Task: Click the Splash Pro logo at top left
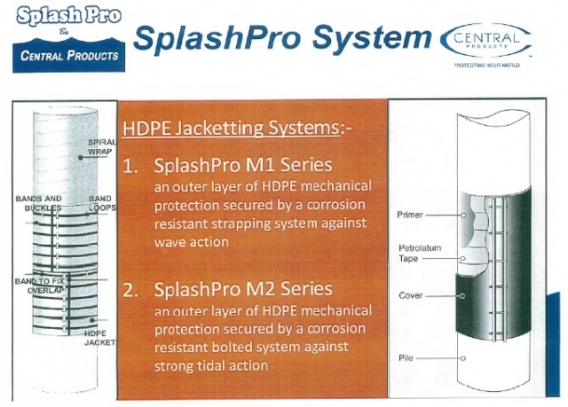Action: (69, 39)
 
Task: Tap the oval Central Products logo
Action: (486, 39)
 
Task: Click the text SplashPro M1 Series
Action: (243, 165)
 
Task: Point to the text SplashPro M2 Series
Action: (243, 289)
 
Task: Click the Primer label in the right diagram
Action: (410, 215)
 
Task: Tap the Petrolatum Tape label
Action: (420, 254)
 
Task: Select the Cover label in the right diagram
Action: (411, 295)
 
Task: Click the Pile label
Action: (406, 358)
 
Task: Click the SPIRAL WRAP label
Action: (102, 147)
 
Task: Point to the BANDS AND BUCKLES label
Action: (39, 203)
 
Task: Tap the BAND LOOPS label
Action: (102, 203)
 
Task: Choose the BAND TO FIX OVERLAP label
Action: (39, 286)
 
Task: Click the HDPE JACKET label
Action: (100, 338)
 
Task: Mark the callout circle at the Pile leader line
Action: (463, 358)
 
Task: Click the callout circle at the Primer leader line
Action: (463, 215)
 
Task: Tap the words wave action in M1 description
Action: (192, 242)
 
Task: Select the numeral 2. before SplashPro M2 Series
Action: (130, 290)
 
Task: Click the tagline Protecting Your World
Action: (487, 65)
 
